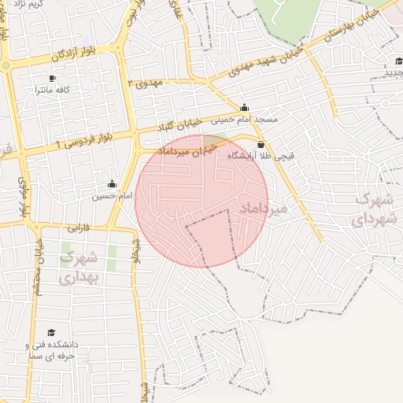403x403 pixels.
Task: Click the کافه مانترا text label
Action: click(53, 91)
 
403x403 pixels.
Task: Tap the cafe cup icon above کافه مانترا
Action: click(53, 78)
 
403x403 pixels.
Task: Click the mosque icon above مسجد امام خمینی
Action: click(245, 107)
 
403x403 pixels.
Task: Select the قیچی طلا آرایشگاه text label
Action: click(261, 157)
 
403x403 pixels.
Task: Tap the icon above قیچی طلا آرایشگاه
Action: click(261, 144)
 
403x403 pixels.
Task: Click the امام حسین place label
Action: click(110, 195)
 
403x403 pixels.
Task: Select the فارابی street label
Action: click(78, 229)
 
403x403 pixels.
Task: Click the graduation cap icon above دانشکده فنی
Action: click(52, 333)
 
